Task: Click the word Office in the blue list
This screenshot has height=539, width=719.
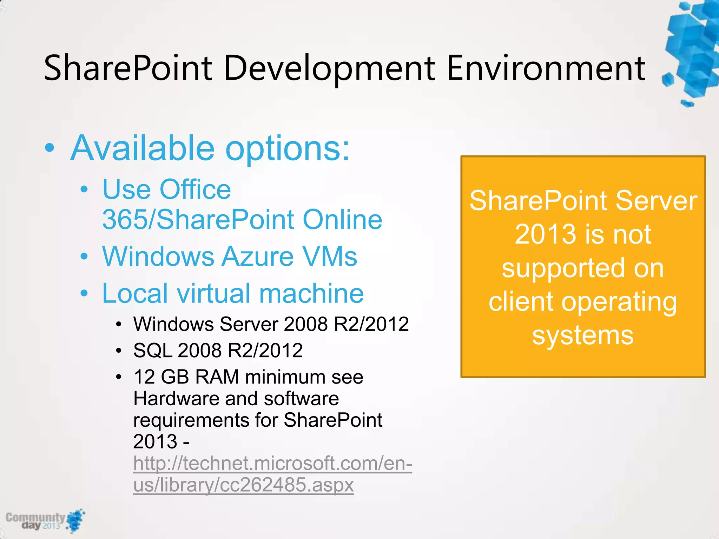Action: tap(195, 189)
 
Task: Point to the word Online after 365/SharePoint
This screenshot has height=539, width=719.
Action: tap(342, 220)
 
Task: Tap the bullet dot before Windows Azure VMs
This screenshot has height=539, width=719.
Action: tap(84, 257)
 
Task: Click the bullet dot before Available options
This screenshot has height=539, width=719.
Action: tap(50, 148)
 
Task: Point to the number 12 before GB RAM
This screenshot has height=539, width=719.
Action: tap(144, 377)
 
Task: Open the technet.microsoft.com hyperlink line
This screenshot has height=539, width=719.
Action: tap(272, 463)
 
